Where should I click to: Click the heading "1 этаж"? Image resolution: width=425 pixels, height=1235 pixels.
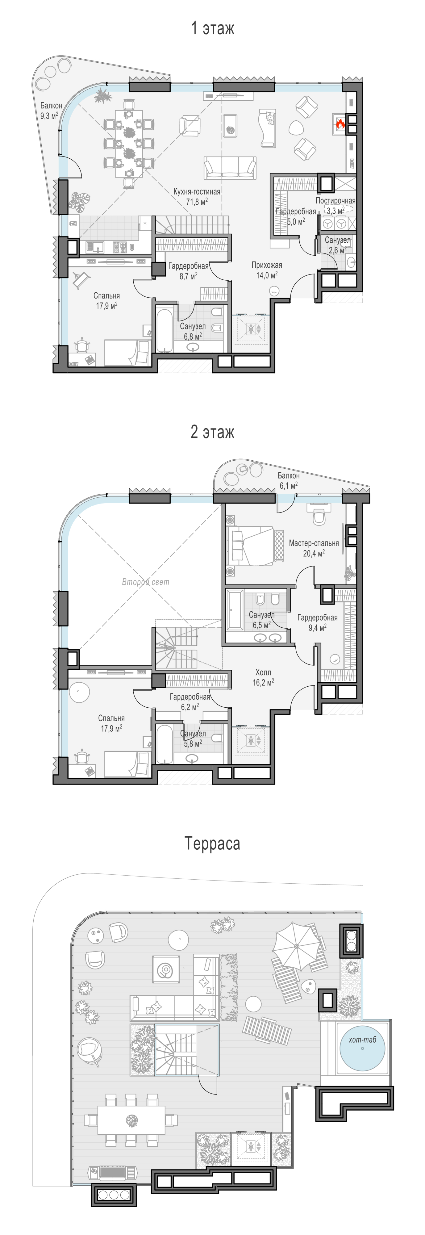point(213,28)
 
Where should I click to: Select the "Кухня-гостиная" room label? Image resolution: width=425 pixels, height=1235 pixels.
point(197,191)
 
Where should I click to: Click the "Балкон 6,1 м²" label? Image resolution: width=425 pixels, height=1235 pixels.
point(289,480)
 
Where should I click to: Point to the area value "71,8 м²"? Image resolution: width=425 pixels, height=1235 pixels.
point(197,202)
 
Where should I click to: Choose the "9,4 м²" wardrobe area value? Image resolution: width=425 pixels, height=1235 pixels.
point(317,628)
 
